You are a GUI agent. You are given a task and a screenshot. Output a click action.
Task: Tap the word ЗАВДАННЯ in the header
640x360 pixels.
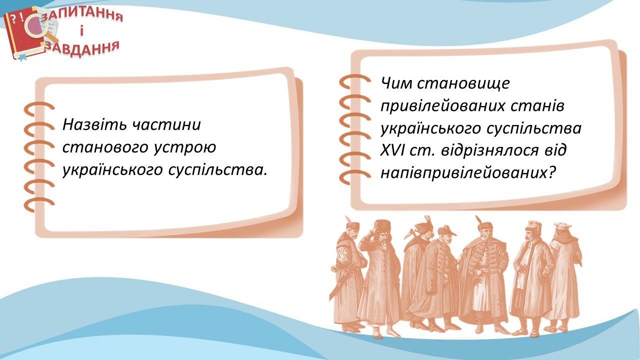tap(82, 48)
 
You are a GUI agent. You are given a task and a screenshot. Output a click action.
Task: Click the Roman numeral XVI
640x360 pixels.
tap(393, 150)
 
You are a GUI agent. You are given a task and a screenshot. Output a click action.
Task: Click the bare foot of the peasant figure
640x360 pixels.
tap(378, 335)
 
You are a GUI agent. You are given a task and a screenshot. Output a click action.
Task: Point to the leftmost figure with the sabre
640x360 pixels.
tap(346, 274)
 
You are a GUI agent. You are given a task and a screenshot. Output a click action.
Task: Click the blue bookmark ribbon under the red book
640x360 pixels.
tap(22, 58)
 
